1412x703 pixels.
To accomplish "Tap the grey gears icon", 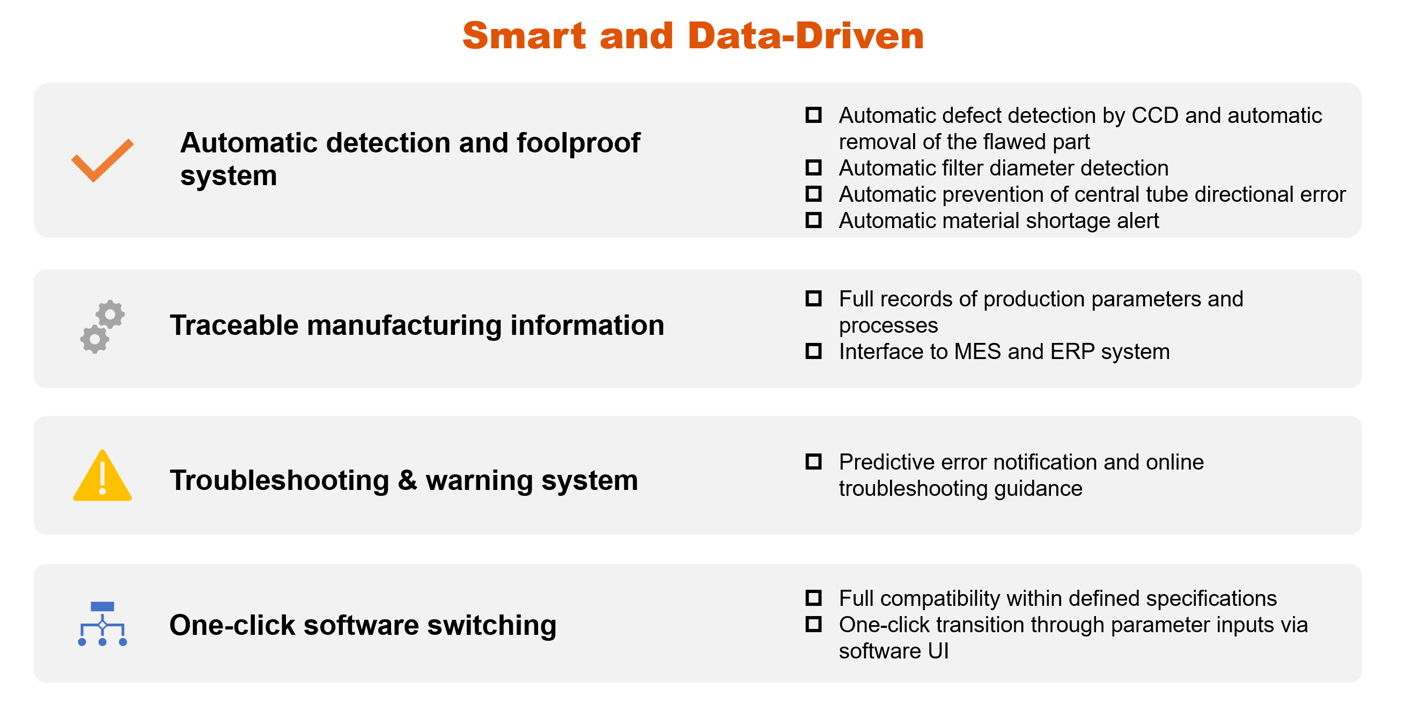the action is [102, 326].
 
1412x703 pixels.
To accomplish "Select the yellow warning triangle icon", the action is [102, 475].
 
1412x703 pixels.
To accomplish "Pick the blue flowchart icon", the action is [102, 624].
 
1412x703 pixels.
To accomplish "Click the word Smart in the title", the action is [524, 35].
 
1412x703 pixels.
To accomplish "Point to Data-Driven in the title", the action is [805, 35].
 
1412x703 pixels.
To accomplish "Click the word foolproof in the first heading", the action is [578, 144].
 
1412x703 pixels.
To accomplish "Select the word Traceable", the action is [234, 325].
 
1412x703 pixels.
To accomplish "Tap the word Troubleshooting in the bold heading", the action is [280, 481].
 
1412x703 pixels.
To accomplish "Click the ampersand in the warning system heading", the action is [407, 480].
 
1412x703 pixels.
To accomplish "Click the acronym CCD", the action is [1155, 116].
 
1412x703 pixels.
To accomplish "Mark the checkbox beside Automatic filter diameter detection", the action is [813, 167].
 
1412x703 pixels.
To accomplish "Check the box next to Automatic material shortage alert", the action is [813, 220].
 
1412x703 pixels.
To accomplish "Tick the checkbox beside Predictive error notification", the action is [813, 461].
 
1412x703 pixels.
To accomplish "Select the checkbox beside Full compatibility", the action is [813, 597].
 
